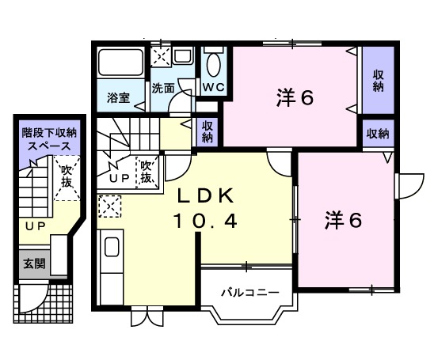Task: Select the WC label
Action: point(212,86)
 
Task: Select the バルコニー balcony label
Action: point(249,293)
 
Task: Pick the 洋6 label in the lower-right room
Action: point(343,222)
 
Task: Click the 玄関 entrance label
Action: point(33,263)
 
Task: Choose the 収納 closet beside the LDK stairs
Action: point(207,131)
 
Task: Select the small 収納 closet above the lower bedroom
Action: point(378,134)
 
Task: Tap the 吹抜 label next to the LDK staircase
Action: point(146,172)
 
